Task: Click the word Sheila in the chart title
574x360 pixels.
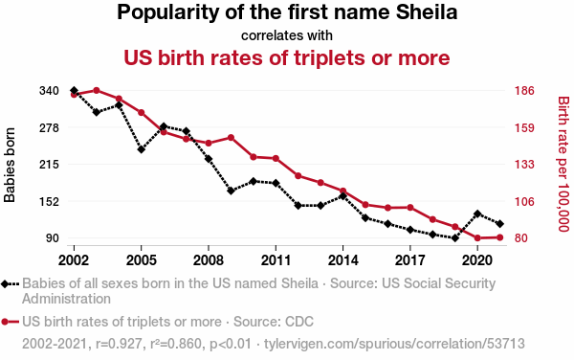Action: [x=427, y=12]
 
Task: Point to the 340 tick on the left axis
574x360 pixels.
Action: [x=49, y=90]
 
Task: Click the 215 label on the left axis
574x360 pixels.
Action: [x=49, y=165]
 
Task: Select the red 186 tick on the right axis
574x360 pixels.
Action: [x=524, y=90]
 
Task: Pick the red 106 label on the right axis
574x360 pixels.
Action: [x=524, y=201]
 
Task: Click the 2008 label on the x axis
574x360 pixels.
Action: [x=209, y=260]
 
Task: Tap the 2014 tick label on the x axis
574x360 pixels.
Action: [x=343, y=260]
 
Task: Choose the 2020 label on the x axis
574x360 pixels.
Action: [x=477, y=260]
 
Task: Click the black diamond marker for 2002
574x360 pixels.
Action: [x=74, y=90]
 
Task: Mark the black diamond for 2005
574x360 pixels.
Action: [x=142, y=149]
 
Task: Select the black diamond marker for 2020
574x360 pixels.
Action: [x=477, y=214]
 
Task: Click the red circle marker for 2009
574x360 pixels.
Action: [x=231, y=138]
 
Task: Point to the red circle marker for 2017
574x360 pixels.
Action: [x=410, y=208]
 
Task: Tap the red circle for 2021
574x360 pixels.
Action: [x=500, y=237]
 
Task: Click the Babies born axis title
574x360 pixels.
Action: [x=10, y=165]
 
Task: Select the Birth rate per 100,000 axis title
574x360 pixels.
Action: [x=563, y=164]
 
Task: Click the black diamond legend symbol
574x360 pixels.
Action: [x=10, y=283]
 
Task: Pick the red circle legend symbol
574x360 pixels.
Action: [x=10, y=322]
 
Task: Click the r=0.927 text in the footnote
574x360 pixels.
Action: [x=119, y=344]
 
